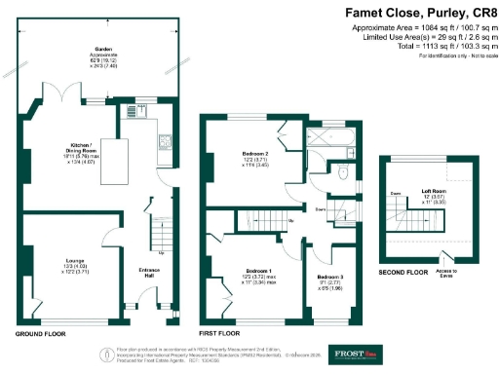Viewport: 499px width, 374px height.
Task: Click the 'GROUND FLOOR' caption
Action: [41, 334]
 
